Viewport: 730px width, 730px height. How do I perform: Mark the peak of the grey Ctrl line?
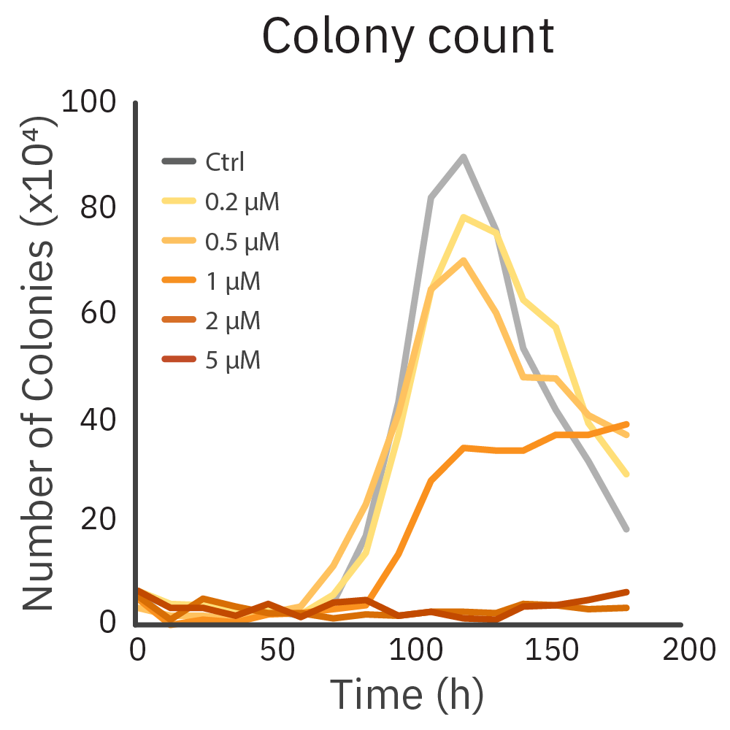463,156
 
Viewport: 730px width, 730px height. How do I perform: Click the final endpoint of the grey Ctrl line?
626,529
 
